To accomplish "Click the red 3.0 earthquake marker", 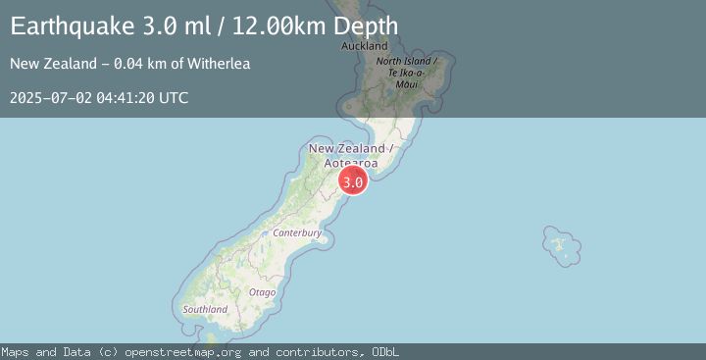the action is click(353, 181).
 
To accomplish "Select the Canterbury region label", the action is click(297, 233).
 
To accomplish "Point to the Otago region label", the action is click(262, 292).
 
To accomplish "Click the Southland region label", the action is click(206, 309).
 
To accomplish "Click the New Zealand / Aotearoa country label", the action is click(351, 155).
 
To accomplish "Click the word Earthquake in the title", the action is click(76, 26).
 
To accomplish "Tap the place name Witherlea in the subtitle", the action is click(217, 64).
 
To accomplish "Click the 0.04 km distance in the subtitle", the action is click(132, 64).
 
